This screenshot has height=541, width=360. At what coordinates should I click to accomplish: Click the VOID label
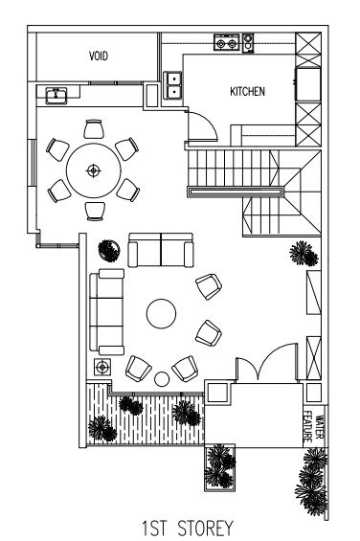[99, 56]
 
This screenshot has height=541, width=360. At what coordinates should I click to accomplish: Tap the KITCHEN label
[247, 91]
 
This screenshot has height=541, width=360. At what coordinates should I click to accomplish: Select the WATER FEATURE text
[314, 427]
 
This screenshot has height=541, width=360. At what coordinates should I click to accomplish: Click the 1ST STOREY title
[188, 528]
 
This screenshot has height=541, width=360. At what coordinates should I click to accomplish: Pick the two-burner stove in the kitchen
[226, 43]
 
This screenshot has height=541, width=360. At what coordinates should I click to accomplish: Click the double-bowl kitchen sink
[172, 85]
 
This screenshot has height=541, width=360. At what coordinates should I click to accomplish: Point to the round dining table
[94, 170]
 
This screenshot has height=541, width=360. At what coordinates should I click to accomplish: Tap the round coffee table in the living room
[161, 314]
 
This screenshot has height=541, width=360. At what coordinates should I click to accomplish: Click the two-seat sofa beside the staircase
[161, 250]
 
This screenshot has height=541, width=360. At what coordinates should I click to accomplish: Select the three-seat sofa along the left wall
[106, 312]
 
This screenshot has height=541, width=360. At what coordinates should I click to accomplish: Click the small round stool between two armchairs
[162, 379]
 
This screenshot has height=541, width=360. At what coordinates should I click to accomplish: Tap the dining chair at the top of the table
[94, 129]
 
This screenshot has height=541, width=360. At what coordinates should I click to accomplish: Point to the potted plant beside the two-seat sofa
[109, 251]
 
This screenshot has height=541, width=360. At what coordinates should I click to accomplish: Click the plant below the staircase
[304, 254]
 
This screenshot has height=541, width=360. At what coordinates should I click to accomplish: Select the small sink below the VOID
[56, 96]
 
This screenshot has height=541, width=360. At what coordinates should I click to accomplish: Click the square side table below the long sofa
[102, 367]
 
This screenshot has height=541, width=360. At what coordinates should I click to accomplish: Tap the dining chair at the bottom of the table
[95, 212]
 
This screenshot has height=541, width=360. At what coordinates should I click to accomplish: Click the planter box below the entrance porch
[220, 467]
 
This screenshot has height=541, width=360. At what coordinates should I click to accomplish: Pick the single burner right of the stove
[248, 43]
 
